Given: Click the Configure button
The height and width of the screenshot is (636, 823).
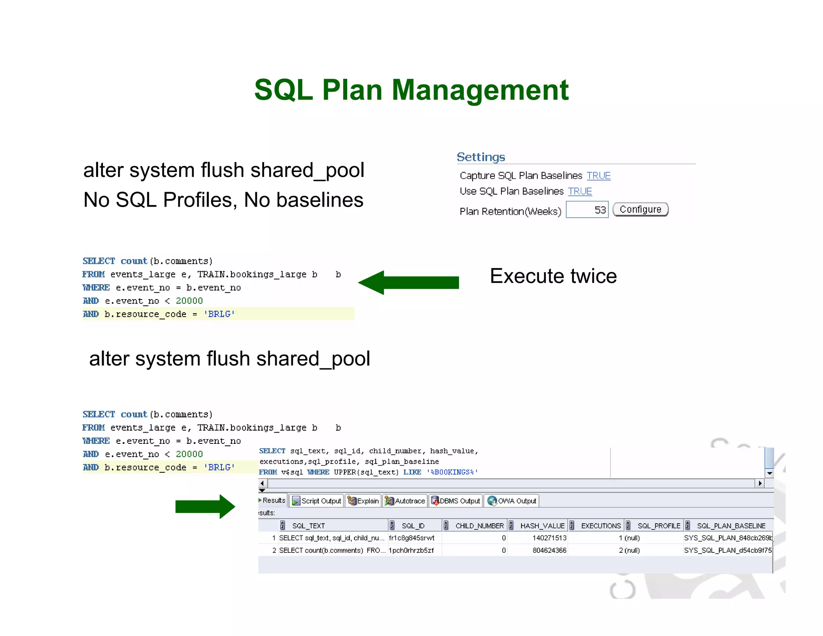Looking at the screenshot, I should pos(640,209).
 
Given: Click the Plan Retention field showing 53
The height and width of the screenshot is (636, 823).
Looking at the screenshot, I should pos(587,210).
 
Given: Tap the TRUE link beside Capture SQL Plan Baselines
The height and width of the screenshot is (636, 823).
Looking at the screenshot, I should pos(598,176).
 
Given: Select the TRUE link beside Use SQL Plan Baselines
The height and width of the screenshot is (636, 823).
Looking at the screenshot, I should pos(579,191).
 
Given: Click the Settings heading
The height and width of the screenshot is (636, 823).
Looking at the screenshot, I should pos(481,157).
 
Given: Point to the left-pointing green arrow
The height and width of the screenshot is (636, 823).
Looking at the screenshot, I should pos(408,283).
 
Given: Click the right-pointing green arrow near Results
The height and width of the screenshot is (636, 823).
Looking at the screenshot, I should pos(205,507).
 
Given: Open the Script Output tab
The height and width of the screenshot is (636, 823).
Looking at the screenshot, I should pos(317,501).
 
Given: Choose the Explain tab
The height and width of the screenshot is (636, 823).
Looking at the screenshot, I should pos(363,501).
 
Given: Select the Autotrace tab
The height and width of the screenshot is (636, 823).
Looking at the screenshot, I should pos(405,501).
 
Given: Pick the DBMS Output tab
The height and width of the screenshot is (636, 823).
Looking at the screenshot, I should pos(456,501).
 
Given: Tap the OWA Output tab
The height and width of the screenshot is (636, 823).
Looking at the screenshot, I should pos(512,501).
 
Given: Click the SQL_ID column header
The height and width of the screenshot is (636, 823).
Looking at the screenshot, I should pos(413,526).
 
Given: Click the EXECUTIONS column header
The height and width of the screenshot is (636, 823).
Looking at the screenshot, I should pos(601,526).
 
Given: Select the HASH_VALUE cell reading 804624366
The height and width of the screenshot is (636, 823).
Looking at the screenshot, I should pos(549,550).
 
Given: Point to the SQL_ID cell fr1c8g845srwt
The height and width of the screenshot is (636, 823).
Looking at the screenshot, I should pos(411,538).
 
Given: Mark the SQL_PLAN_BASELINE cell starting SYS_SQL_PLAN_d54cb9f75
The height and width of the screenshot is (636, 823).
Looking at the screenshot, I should pos(727,550).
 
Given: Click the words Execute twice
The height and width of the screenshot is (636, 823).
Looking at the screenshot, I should pos(553,276).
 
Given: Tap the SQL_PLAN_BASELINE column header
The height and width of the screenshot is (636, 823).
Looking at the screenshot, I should pos(731,526).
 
